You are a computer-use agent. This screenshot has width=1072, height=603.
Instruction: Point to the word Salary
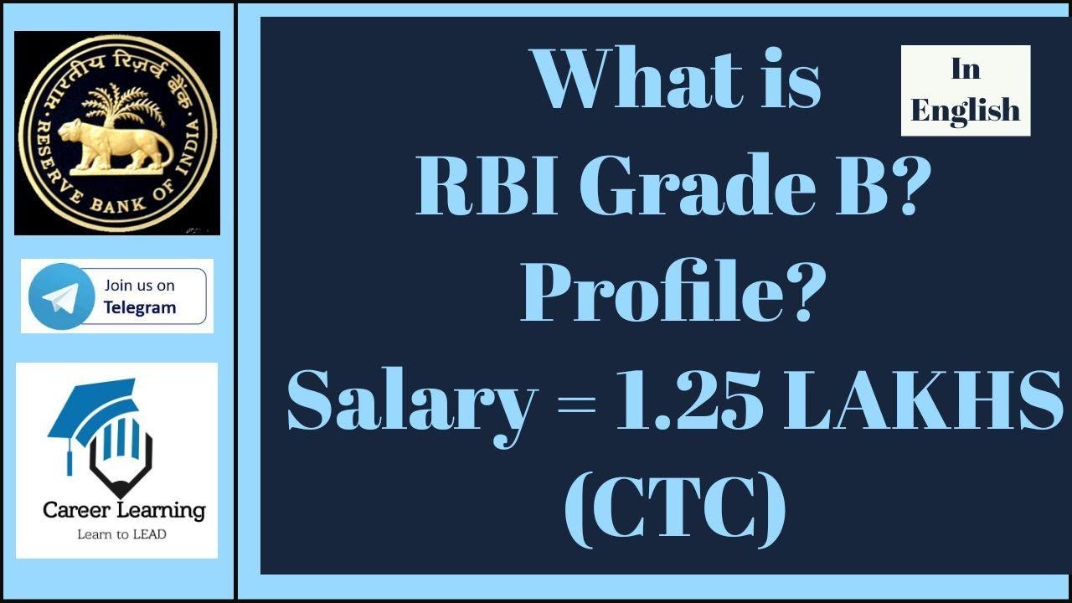(x=411, y=402)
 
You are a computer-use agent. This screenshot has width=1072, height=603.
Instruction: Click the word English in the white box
(x=965, y=110)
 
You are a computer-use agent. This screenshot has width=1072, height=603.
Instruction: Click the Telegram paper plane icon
(x=59, y=296)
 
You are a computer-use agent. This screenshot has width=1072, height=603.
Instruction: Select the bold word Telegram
(x=140, y=307)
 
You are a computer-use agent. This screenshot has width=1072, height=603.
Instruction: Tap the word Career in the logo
(x=75, y=509)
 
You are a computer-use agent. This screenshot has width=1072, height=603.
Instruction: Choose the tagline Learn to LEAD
(x=121, y=533)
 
